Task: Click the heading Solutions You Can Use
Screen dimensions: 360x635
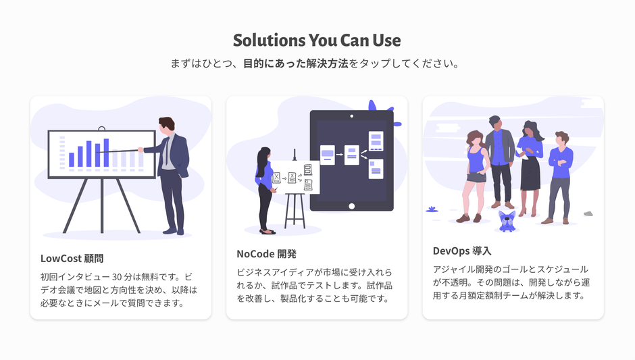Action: pyautogui.click(x=317, y=40)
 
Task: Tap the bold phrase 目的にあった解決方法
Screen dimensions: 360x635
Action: pyautogui.click(x=296, y=64)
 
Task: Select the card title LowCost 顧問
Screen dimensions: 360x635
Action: pyautogui.click(x=72, y=258)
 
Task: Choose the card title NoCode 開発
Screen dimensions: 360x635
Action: pyautogui.click(x=266, y=254)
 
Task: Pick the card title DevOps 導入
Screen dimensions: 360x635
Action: pyautogui.click(x=462, y=251)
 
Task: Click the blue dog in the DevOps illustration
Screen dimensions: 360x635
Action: pyautogui.click(x=507, y=220)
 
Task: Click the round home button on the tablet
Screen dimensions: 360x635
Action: pyautogui.click(x=351, y=206)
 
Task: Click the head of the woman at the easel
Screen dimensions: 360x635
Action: pyautogui.click(x=263, y=154)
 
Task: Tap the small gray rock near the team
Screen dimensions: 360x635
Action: pyautogui.click(x=588, y=213)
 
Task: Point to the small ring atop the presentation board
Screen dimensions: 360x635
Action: pyautogui.click(x=101, y=128)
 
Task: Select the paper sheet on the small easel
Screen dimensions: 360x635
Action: pyautogui.click(x=296, y=177)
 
